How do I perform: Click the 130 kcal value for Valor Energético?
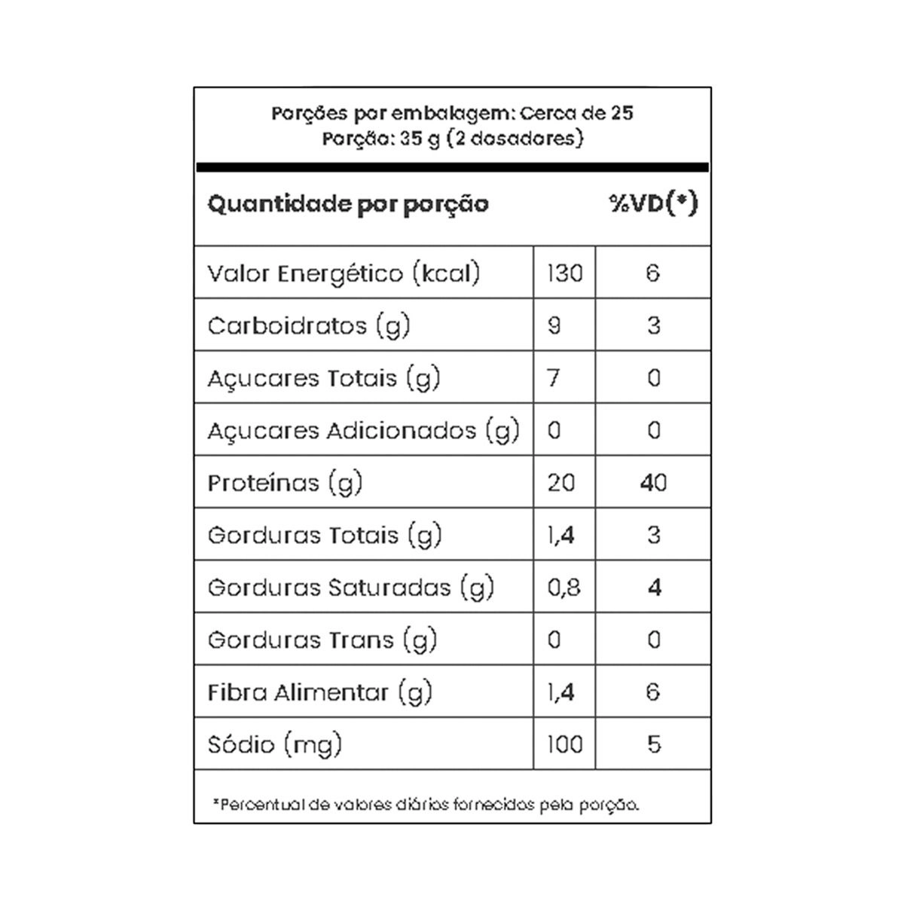pos(564,273)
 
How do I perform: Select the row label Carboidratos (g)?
pos(309,325)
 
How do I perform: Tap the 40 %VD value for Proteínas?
pos(652,482)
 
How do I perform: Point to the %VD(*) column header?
pos(653,203)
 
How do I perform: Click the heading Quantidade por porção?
pos(348,204)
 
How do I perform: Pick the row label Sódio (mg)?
pos(275,744)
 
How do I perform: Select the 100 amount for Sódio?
pos(564,744)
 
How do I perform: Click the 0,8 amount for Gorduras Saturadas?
pos(564,587)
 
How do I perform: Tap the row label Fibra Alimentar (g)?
pos(320,692)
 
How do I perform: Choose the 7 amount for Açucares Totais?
pos(554,377)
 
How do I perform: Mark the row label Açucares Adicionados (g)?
pos(364,430)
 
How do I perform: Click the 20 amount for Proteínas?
pos(561,482)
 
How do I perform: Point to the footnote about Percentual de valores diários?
pos(426,805)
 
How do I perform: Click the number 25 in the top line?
pos(622,114)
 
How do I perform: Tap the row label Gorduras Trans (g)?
pos(322,640)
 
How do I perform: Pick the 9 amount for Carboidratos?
pos(554,325)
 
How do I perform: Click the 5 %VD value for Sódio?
pos(653,744)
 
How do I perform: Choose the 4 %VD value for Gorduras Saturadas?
pos(653,587)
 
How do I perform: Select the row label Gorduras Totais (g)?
pos(325,535)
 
